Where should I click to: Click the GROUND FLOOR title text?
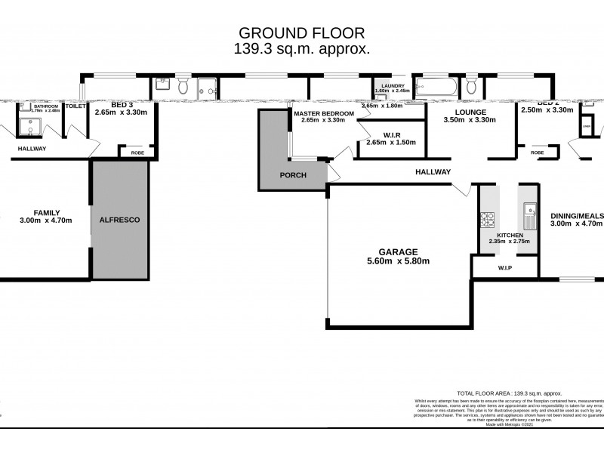pyautogui.click(x=302, y=32)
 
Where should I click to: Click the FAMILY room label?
pyautogui.click(x=46, y=213)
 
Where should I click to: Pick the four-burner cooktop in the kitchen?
pyautogui.click(x=487, y=220)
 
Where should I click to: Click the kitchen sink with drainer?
pyautogui.click(x=528, y=216)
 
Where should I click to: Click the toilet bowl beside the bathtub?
pyautogui.click(x=471, y=85)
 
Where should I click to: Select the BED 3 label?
pyautogui.click(x=123, y=106)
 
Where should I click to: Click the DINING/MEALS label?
pyautogui.click(x=576, y=214)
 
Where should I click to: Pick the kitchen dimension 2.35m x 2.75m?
pyautogui.click(x=509, y=241)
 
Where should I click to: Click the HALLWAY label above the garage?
pyautogui.click(x=433, y=172)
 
